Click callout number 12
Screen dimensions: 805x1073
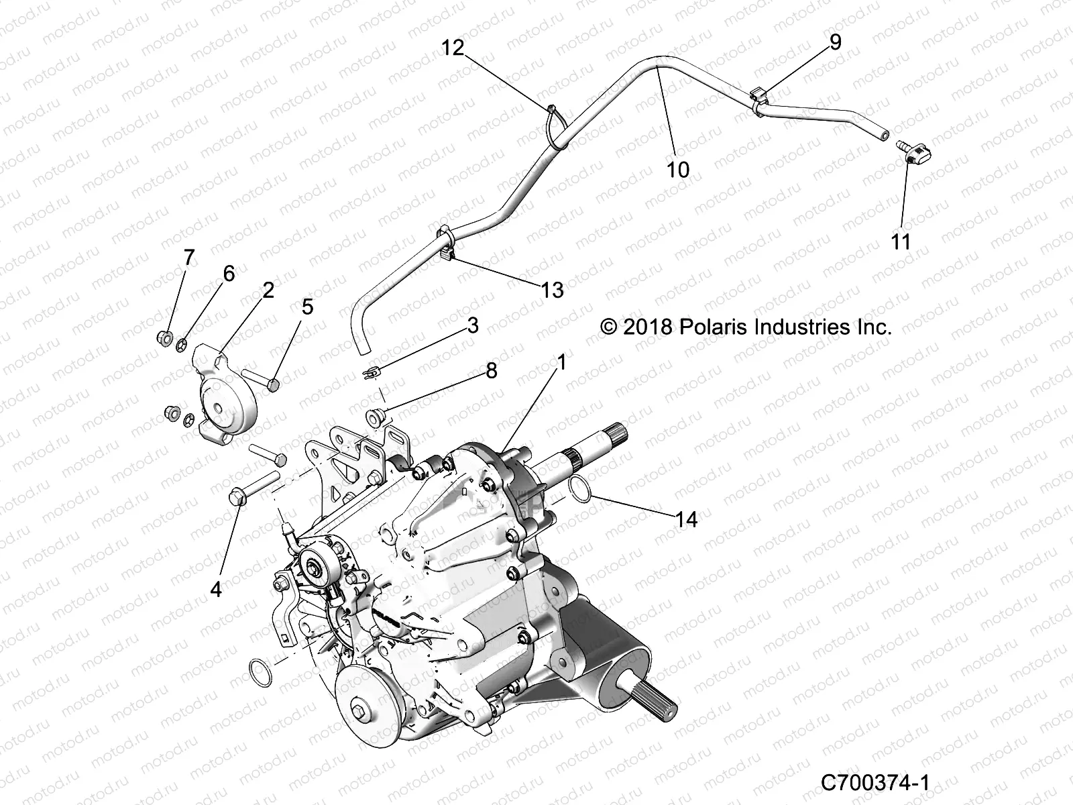(x=453, y=48)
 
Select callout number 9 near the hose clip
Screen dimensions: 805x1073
(x=835, y=42)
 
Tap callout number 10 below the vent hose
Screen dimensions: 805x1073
(x=678, y=170)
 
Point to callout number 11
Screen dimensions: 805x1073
(x=901, y=241)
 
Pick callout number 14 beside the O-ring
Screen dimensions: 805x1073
(x=687, y=519)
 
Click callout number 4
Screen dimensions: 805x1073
(x=215, y=589)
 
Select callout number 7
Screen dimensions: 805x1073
(x=188, y=258)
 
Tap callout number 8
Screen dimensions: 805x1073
(x=492, y=370)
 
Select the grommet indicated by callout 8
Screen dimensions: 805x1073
(x=375, y=417)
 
